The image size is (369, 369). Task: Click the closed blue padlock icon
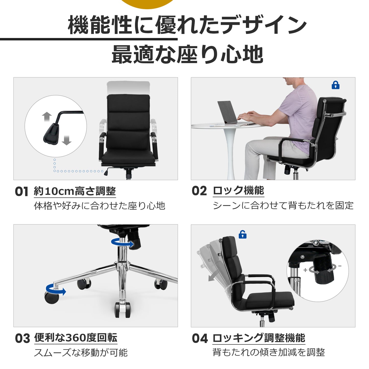point(336,85)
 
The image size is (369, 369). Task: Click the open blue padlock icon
point(242,234)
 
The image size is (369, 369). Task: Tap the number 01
point(21,191)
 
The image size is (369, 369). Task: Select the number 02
point(199,191)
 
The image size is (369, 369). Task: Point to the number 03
point(22,338)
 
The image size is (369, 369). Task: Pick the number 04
point(200,338)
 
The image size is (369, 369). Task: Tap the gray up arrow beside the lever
point(47,117)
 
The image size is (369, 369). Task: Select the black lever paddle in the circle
point(51,134)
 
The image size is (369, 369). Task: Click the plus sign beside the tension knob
point(305,270)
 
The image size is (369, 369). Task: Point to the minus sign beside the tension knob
point(340,266)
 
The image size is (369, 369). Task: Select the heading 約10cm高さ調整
point(75,191)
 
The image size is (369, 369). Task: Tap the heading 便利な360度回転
point(76,338)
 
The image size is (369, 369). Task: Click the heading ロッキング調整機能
point(259,338)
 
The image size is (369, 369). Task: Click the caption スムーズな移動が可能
point(81,353)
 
